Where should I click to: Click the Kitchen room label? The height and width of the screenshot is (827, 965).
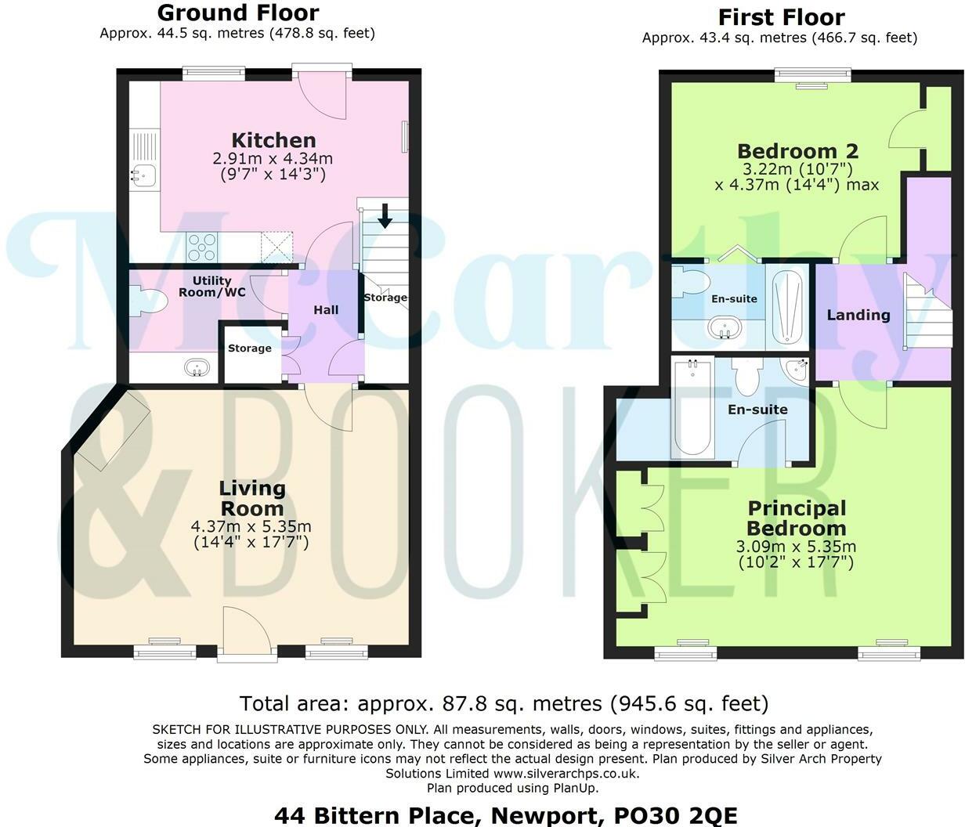point(273,141)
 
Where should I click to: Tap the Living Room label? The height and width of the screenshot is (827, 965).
point(252,498)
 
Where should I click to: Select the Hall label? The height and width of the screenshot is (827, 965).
point(326,310)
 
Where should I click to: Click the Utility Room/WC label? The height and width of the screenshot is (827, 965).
point(211,286)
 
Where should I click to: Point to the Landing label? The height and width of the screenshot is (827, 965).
point(858,315)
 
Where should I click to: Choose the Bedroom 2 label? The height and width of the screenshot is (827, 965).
point(797,150)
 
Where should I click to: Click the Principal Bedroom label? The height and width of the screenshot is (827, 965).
point(796,518)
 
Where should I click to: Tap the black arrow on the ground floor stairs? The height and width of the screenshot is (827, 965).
point(385,215)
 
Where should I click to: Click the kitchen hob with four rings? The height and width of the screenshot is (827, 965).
point(201,247)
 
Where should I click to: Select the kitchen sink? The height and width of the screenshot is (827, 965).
point(143,175)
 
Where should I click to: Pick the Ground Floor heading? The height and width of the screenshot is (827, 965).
point(238,13)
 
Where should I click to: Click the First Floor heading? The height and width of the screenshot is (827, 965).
point(780,16)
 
